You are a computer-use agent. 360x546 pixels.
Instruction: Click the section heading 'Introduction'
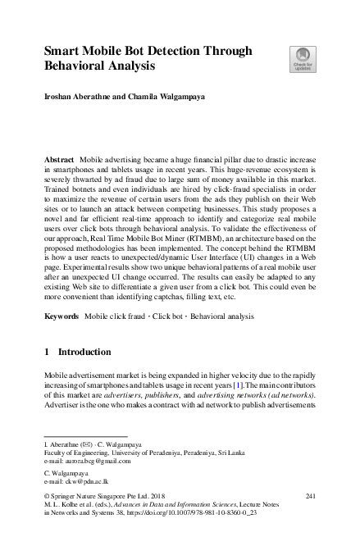[x=84, y=352]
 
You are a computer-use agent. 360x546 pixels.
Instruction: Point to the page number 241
[x=310, y=497]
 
